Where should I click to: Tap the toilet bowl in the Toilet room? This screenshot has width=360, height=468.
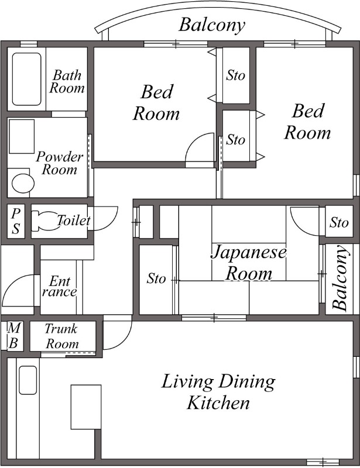(x=44, y=221)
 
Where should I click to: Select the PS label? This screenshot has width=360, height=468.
(x=16, y=221)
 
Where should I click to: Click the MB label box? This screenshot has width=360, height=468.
(x=12, y=336)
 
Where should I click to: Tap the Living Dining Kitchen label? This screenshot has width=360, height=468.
(x=218, y=392)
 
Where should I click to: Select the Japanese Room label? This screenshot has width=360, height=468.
(x=249, y=263)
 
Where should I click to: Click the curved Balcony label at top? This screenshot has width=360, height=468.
(x=211, y=25)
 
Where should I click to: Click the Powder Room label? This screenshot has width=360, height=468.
(x=59, y=163)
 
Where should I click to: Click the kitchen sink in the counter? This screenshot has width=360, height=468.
(x=28, y=380)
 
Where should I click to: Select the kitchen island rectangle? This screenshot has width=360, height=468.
(x=83, y=407)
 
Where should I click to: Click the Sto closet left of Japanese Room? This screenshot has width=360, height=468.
(x=156, y=279)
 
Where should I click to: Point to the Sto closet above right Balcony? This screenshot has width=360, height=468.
(x=339, y=222)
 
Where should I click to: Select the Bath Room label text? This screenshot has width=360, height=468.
(x=67, y=82)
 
